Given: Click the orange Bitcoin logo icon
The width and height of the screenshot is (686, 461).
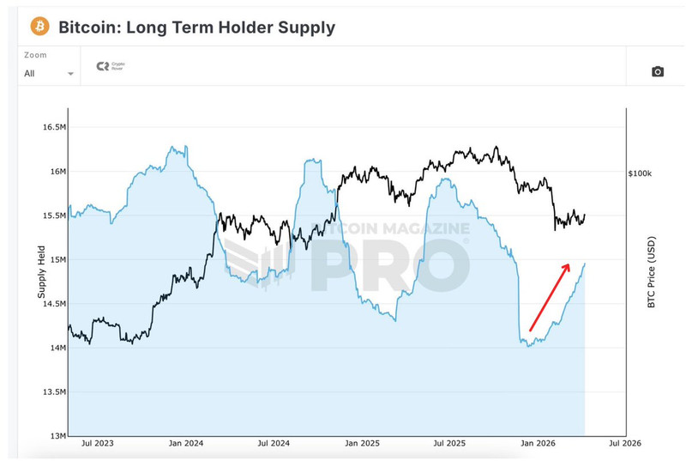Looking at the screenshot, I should [39, 27].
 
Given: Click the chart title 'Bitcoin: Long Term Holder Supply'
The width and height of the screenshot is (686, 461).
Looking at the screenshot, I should [196, 27].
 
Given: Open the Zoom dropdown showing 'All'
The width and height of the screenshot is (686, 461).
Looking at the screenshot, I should [49, 73].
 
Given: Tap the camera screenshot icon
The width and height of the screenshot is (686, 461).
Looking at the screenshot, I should [658, 71].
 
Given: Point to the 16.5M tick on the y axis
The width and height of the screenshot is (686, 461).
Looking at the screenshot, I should [53, 127].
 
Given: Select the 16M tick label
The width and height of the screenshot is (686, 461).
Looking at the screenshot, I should [57, 172].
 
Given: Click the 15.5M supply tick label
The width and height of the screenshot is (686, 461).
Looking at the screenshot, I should [53, 215].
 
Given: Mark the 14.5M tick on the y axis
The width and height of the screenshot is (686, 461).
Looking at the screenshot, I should [53, 304].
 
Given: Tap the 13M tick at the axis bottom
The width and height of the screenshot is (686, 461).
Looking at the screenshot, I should [57, 435].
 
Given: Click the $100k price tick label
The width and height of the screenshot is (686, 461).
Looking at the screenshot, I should [640, 173].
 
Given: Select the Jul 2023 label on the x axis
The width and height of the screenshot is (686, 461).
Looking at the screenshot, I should [99, 445].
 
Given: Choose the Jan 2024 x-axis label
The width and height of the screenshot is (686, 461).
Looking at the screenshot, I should [185, 445].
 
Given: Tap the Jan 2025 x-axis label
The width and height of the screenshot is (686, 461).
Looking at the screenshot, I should [362, 445].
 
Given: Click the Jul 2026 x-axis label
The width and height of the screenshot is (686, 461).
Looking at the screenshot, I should [624, 445].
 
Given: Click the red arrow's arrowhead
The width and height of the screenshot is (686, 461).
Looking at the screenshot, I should [566, 266].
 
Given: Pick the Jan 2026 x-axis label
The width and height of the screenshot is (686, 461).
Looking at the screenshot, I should [538, 445].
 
